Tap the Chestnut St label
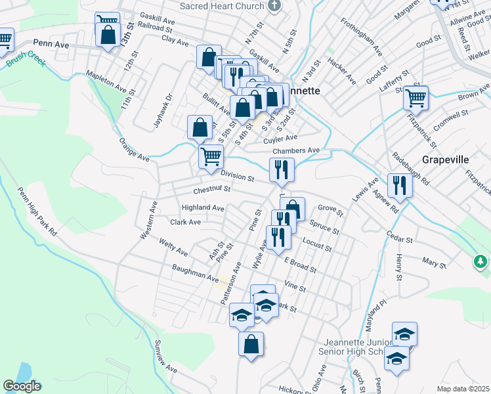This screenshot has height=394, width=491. (212, 189)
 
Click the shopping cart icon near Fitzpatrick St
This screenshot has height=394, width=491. (416, 98)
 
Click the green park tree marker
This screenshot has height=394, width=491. (480, 262)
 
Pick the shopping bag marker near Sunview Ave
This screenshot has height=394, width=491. (251, 343)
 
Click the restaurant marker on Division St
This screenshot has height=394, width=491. (282, 169)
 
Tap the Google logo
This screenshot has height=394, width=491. (22, 386)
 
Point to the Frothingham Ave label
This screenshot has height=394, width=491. (361, 37)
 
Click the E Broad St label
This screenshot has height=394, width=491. (300, 265)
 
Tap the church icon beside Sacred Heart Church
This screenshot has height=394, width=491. (275, 6)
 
